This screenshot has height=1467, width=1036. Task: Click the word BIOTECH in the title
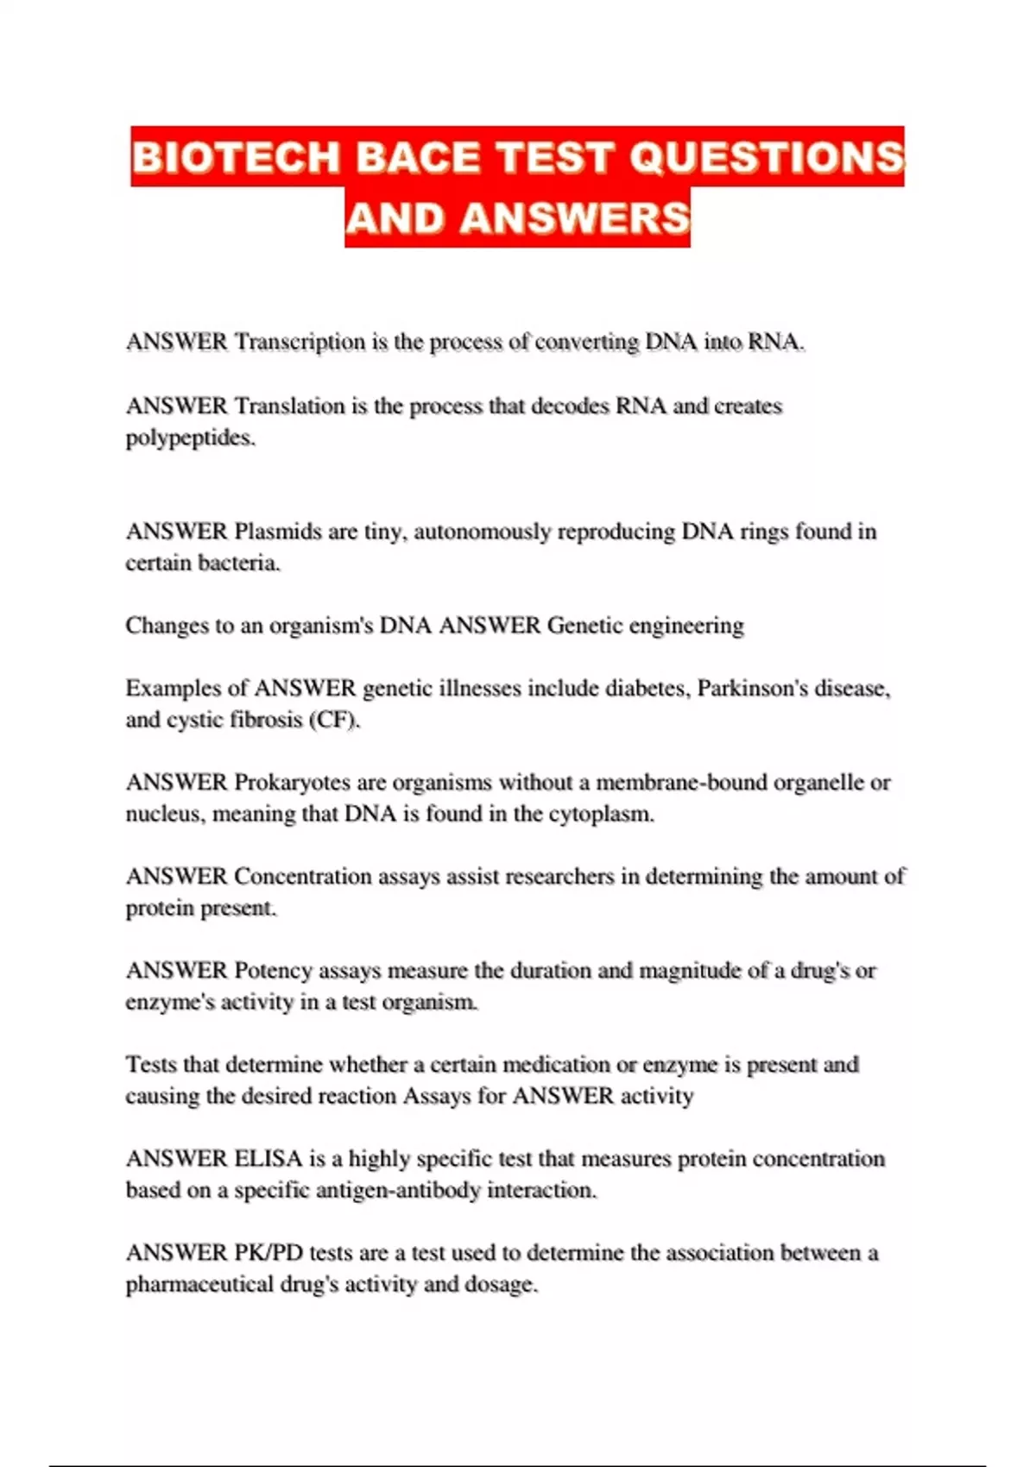point(236,158)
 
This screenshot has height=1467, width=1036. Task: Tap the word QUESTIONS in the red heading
point(767,158)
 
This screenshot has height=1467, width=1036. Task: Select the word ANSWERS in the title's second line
point(575,218)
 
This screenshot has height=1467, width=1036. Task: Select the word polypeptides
point(190,438)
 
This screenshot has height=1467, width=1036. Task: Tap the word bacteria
point(239,564)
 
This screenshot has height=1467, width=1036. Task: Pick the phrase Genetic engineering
point(645,626)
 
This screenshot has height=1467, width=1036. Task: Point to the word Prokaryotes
point(292,783)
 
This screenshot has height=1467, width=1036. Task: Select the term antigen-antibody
point(398,1191)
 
